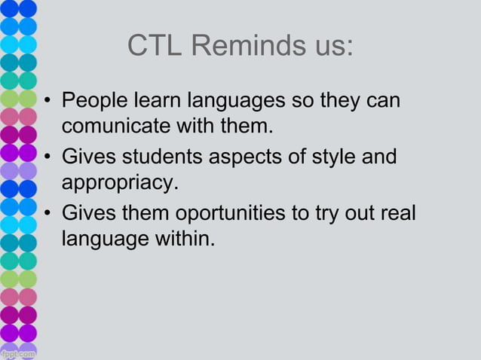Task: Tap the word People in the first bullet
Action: tap(93, 101)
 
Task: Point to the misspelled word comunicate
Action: tap(116, 124)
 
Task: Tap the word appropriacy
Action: tap(118, 182)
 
